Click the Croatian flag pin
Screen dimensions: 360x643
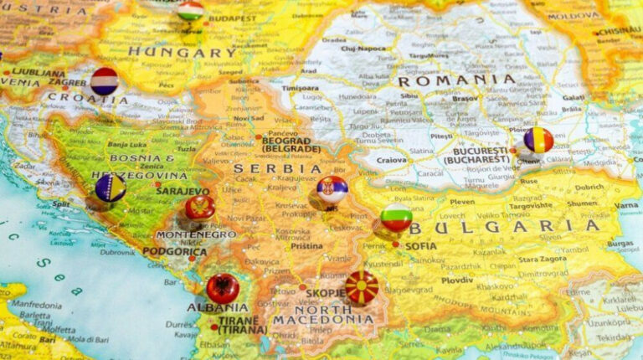[x=105, y=81]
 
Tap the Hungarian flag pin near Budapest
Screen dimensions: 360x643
[x=191, y=10]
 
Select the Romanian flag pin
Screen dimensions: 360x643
[x=538, y=140]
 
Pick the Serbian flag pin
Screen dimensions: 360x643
[x=332, y=190]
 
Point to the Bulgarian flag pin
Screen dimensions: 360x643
[x=396, y=217]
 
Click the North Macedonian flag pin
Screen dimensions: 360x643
[x=362, y=287]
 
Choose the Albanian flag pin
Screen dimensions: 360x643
[x=223, y=288]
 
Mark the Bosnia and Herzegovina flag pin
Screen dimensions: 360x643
[x=111, y=188]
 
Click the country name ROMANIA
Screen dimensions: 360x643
[x=456, y=80]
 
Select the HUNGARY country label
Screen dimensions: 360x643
[x=182, y=52]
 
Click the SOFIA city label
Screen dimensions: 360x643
[x=421, y=246]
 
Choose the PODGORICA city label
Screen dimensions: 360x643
[x=174, y=251]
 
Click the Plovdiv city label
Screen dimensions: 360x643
[x=457, y=280]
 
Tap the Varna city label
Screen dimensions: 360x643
[x=626, y=205]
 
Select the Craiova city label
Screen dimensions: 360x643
[x=391, y=159]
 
